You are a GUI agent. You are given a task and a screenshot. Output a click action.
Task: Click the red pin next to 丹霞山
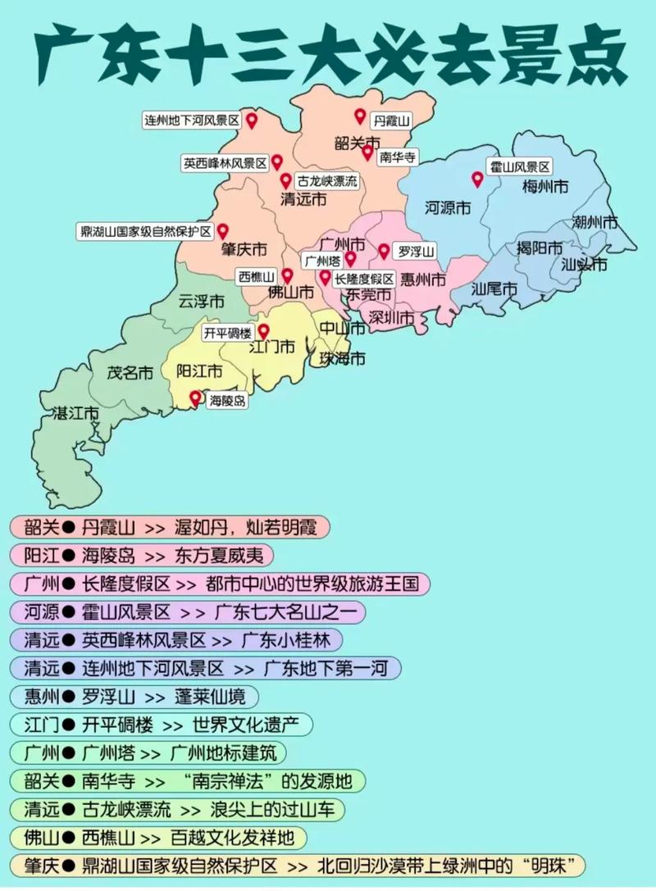coord(359,116)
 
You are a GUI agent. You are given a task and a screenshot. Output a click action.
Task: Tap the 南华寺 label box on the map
coord(398,157)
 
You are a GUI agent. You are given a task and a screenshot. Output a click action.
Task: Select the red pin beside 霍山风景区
coord(476,180)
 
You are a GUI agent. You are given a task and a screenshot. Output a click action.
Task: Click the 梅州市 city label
coord(545,187)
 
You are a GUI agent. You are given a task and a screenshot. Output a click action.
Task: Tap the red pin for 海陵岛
coord(195,398)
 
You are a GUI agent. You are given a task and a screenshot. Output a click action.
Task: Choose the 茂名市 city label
coord(130,373)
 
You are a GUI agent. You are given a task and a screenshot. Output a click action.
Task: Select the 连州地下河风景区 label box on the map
coord(191,120)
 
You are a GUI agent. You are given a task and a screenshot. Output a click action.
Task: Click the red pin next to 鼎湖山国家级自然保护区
coord(222,231)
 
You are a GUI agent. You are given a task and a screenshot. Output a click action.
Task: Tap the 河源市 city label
coord(449,208)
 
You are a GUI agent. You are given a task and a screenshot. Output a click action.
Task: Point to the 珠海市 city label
coord(343,358)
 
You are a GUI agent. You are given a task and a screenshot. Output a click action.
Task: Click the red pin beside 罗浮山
coord(383,250)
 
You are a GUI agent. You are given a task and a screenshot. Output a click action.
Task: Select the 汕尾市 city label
coord(494,289)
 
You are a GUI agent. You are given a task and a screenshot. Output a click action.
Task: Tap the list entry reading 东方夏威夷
coord(220,555)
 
